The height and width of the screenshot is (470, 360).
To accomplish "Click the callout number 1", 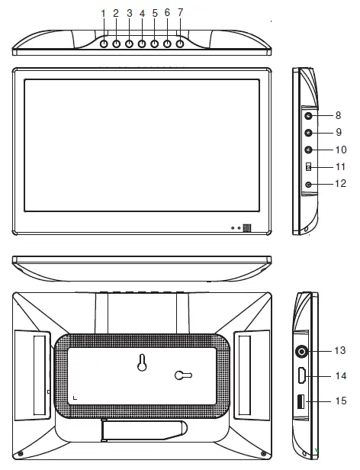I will tap(103, 13).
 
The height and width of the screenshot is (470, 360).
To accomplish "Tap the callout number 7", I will tap(180, 13).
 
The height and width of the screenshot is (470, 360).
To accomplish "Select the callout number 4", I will tap(142, 13).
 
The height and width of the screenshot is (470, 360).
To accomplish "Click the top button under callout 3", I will tap(129, 43).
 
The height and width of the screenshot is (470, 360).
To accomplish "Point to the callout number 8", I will tap(338, 116).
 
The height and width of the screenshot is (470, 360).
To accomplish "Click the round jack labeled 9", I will tap(308, 133).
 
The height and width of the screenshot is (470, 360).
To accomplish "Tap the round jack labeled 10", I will tap(308, 150).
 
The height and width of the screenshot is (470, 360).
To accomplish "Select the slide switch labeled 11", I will tap(308, 167).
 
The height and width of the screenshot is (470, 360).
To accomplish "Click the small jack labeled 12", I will tap(308, 184).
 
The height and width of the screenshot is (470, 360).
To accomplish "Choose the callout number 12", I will tap(340, 184).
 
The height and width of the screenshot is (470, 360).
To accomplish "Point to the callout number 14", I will tap(340, 375).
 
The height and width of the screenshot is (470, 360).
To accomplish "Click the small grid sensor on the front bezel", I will tap(246, 227).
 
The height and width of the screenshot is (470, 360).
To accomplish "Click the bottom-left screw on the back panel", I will tap(21, 455).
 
